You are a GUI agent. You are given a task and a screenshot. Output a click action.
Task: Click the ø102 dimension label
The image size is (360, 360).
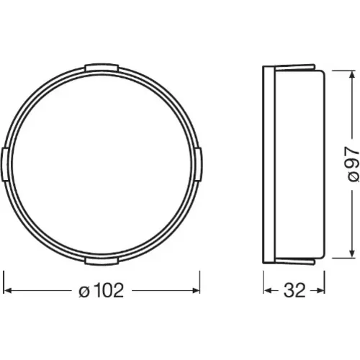pos(101,290)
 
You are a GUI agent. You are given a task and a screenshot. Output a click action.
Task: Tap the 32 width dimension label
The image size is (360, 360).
pos(294,290)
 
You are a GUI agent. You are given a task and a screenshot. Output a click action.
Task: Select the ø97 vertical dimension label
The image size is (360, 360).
pos(352,165)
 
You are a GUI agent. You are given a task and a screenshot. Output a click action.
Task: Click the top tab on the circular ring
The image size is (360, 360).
pos(102,68)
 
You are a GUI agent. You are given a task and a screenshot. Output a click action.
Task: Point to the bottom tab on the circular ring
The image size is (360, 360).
pos(102,261)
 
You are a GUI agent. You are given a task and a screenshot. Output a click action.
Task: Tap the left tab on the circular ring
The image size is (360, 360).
pos(5,165)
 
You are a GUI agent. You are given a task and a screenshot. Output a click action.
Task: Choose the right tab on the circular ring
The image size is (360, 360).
pos(198,165)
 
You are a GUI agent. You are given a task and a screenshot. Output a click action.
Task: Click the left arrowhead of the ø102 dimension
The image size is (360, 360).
pos(8,291)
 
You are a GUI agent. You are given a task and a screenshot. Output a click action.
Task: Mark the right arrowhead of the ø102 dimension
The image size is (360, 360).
pos(196,291)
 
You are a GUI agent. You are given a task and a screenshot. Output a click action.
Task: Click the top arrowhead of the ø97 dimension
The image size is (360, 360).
pos(352,74)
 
